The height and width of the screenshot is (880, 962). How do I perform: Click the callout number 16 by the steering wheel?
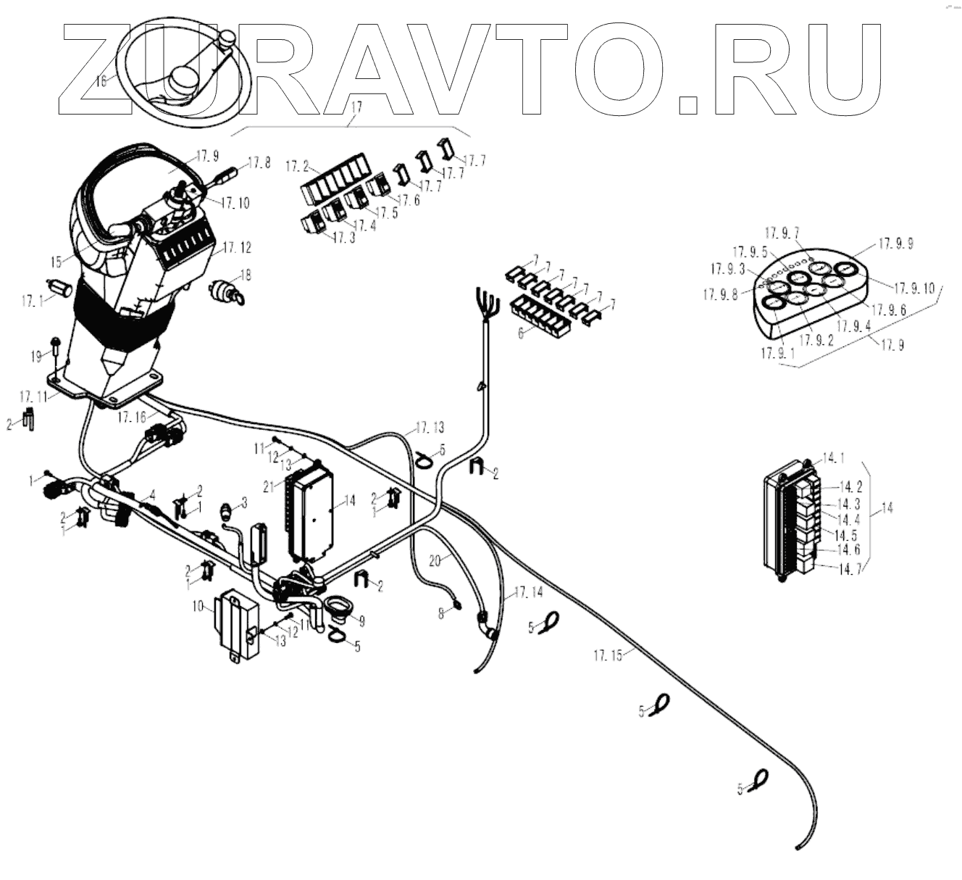pos(101,80)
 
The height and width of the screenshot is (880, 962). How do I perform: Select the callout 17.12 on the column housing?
pos(237,248)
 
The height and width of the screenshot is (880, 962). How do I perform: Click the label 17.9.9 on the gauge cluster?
pos(895,244)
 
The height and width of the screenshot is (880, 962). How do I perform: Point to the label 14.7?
pos(850,570)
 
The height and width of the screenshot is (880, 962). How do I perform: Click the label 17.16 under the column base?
pos(133,418)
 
